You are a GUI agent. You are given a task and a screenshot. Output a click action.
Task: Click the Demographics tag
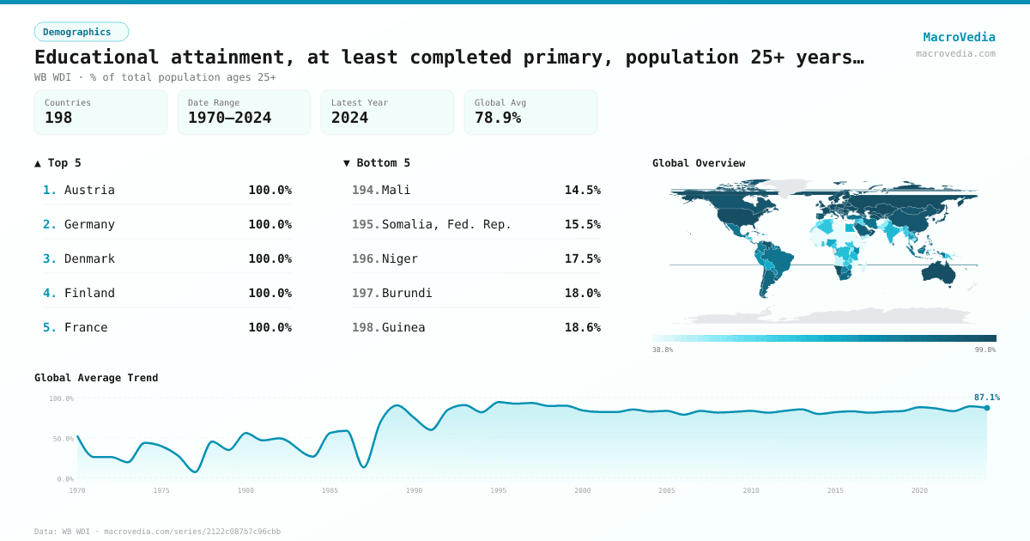[x=82, y=32]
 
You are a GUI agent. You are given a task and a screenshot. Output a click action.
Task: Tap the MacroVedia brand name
[x=959, y=37]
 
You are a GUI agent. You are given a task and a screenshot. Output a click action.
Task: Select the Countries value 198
[x=58, y=118]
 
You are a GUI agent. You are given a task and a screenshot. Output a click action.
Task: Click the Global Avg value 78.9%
[x=498, y=118]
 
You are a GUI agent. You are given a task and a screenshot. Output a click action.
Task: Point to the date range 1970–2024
[x=229, y=118]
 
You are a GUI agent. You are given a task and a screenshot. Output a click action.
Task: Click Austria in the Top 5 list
[x=89, y=190]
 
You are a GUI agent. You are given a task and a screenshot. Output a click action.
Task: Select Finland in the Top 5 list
[x=89, y=293]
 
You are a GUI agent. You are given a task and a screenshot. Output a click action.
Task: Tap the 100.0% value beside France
[x=270, y=327]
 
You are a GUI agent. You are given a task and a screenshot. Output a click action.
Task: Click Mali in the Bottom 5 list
[x=397, y=190]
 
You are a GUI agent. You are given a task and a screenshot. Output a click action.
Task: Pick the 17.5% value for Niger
[x=582, y=258]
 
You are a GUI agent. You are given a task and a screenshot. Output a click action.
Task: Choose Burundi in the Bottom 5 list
[x=407, y=293]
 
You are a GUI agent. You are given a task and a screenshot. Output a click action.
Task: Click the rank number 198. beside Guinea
[x=365, y=327]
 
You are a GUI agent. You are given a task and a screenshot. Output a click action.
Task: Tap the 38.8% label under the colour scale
[x=663, y=350]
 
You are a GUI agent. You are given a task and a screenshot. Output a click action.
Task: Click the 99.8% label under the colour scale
[x=985, y=350]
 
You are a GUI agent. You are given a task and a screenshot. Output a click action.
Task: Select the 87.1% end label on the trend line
[x=986, y=398]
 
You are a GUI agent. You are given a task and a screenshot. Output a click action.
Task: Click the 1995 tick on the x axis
[x=499, y=490]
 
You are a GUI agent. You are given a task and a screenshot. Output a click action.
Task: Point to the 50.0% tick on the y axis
[x=62, y=439]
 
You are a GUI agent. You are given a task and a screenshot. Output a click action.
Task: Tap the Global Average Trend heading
[x=96, y=378]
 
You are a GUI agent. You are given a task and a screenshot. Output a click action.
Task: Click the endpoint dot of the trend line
[x=987, y=408]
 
